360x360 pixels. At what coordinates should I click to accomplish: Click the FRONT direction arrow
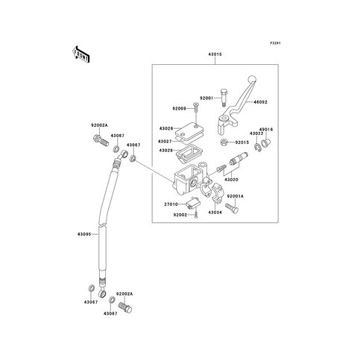coord(80,54)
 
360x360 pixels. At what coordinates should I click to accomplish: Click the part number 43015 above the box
coord(215,54)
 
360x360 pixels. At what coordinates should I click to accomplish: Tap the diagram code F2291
coord(275,43)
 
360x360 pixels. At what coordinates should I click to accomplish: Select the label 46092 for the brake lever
coord(261,102)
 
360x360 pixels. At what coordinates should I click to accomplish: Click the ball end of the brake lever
coord(252,79)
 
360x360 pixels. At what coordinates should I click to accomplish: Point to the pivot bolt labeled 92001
coord(224,98)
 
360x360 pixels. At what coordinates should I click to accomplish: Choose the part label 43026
coord(166,128)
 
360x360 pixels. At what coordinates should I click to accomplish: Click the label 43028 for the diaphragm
coord(166,151)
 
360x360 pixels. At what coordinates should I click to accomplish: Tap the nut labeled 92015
coord(224,142)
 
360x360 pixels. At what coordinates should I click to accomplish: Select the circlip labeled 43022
coord(258,147)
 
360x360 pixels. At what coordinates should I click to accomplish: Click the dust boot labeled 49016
coord(265,143)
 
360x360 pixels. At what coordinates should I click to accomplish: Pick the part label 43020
coord(231,180)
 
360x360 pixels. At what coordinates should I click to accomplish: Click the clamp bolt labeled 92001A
coord(232,209)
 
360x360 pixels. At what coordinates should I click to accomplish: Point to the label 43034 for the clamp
coord(215,212)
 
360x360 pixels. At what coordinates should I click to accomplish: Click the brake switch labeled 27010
coord(193,203)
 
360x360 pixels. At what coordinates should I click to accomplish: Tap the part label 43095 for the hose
coord(84,234)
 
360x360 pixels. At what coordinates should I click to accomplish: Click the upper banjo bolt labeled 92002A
coord(101,141)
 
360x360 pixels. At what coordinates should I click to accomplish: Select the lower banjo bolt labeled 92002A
coord(124,307)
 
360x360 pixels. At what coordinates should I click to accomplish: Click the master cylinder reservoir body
coord(189,179)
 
